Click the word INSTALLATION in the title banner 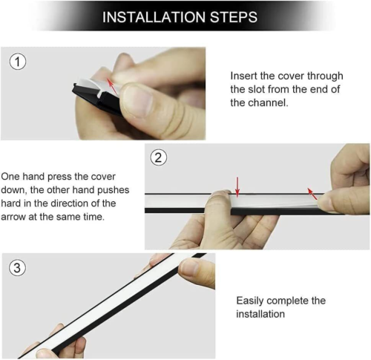point(154,17)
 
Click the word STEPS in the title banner point(234,17)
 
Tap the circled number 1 point(18,62)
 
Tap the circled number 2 point(159,157)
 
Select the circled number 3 point(17,268)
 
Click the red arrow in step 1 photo point(112,86)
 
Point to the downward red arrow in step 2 point(237,187)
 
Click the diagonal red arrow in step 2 point(312,194)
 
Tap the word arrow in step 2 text point(13,217)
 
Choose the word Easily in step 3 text point(250,301)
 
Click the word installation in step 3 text point(260,314)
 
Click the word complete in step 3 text point(287,301)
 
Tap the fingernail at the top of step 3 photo point(188,266)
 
